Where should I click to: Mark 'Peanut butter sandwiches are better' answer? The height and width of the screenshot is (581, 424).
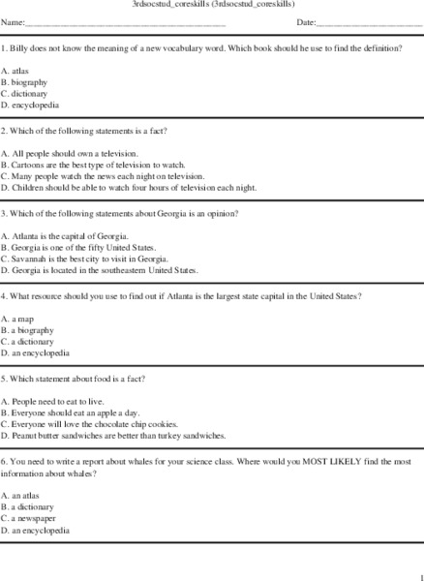coord(115,435)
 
